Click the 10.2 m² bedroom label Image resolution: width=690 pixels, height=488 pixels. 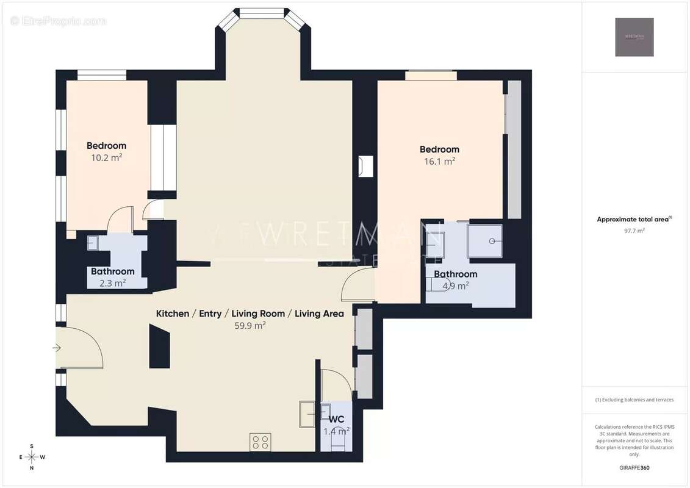(x=106, y=146)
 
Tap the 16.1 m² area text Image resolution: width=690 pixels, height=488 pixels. (x=439, y=162)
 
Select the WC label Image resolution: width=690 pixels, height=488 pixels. (x=337, y=420)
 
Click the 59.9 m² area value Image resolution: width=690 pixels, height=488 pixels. (x=250, y=326)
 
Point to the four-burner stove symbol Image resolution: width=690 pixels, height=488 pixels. (x=261, y=442)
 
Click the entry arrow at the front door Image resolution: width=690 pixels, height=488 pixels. (x=57, y=348)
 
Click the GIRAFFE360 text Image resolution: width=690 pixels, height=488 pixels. (x=634, y=468)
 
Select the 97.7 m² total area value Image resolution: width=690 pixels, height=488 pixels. (x=634, y=231)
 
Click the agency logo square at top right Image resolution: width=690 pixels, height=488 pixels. (x=634, y=37)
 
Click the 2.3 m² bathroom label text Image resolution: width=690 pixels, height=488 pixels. (x=112, y=271)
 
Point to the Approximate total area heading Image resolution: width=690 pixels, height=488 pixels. (x=634, y=219)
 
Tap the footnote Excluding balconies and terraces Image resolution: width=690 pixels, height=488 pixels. (x=634, y=400)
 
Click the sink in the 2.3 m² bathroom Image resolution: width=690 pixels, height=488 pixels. (x=92, y=242)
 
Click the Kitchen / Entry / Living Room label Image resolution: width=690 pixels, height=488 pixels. (x=250, y=314)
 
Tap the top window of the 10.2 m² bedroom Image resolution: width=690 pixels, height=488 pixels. (x=102, y=75)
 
